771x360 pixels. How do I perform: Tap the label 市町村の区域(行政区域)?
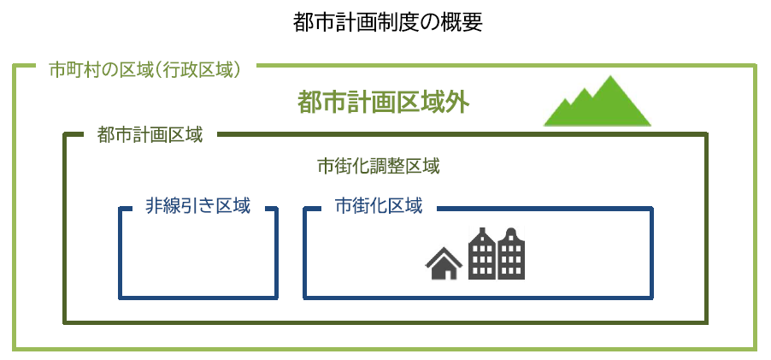(146, 70)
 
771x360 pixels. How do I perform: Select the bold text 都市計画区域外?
(383, 103)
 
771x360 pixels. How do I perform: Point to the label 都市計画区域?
(150, 135)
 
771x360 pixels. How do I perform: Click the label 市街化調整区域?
(378, 168)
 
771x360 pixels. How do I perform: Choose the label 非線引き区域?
(197, 205)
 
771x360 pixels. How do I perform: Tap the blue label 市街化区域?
(378, 205)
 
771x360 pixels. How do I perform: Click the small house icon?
(444, 263)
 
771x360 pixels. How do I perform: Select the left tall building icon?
(482, 254)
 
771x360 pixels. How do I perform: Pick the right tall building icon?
(511, 254)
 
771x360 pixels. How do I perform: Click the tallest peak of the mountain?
(610, 76)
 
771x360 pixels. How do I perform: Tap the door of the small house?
(444, 274)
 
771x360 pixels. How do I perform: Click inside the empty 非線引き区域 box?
(197, 256)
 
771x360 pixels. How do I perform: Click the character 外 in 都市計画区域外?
(457, 103)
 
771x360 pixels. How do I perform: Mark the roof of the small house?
(444, 256)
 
